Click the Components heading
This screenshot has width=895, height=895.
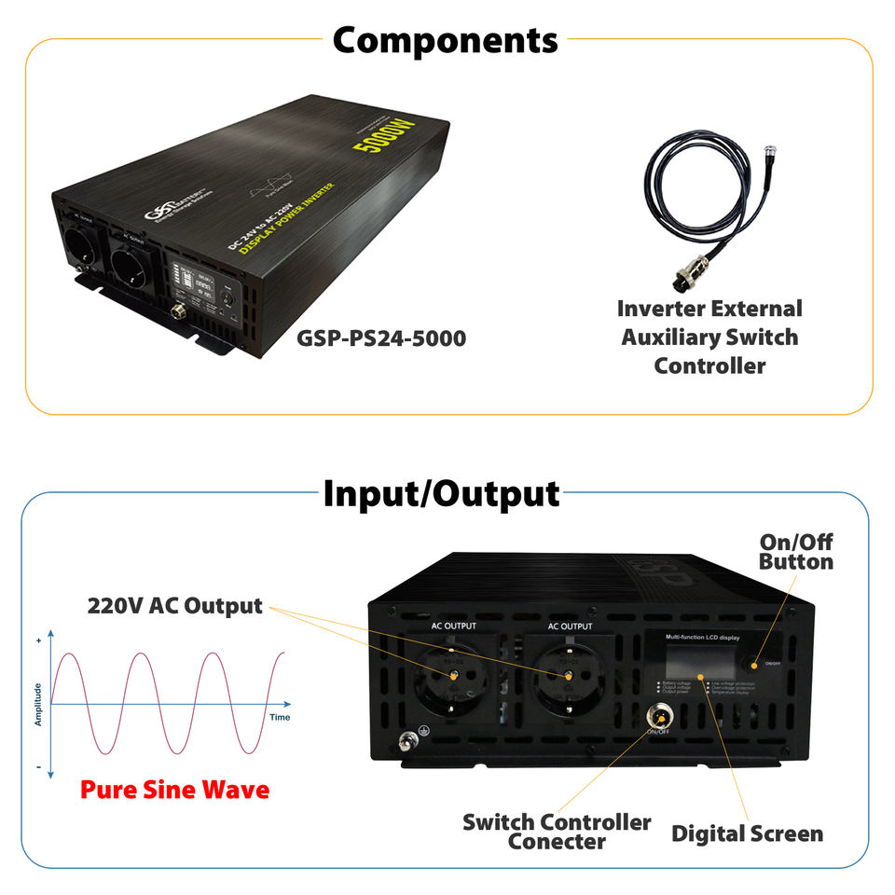pyautogui.click(x=445, y=40)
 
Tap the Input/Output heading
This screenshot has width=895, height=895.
pyautogui.click(x=441, y=493)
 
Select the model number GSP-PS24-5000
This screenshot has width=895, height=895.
pyautogui.click(x=381, y=337)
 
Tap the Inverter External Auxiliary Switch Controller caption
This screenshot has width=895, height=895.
pyautogui.click(x=709, y=337)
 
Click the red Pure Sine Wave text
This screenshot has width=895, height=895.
pyautogui.click(x=174, y=790)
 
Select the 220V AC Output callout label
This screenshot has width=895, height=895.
pyautogui.click(x=175, y=605)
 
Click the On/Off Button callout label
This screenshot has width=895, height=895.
pyautogui.click(x=795, y=552)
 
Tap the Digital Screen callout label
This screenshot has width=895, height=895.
pyautogui.click(x=747, y=833)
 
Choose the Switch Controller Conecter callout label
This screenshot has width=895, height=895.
pyautogui.click(x=557, y=832)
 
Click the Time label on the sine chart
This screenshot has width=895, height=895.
pyautogui.click(x=280, y=717)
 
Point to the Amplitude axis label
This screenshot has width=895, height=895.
pyautogui.click(x=38, y=704)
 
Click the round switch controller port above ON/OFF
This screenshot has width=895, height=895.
pyautogui.click(x=658, y=715)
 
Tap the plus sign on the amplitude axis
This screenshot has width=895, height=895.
pyautogui.click(x=38, y=641)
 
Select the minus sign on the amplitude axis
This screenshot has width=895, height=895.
pyautogui.click(x=38, y=767)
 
